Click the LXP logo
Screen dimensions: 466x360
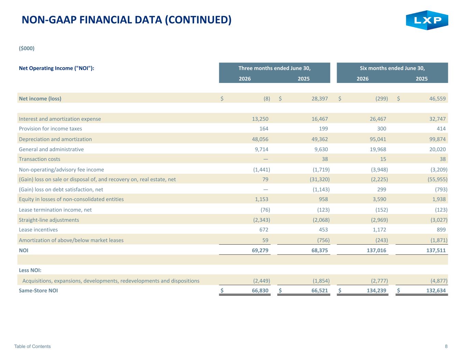(x=427, y=20)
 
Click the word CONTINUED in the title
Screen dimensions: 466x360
(x=198, y=20)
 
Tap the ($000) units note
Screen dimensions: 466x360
(x=27, y=48)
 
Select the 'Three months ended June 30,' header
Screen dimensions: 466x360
(x=274, y=68)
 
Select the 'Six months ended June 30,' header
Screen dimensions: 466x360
(x=392, y=68)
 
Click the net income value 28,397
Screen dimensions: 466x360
(x=320, y=99)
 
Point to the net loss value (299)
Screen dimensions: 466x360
(x=382, y=99)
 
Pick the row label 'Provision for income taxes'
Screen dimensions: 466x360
(x=51, y=129)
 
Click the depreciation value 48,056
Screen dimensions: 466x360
(x=260, y=139)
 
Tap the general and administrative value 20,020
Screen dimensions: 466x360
(x=437, y=149)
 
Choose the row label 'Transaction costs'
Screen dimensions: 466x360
(x=40, y=159)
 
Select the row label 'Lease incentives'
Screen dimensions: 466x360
(x=38, y=230)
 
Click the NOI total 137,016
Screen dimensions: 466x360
(x=376, y=250)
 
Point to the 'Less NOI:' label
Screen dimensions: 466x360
(x=30, y=270)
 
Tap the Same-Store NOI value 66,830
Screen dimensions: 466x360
(x=260, y=291)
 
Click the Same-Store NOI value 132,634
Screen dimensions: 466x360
(x=436, y=291)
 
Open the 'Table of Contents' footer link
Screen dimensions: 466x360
(x=32, y=346)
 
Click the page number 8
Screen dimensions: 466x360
(x=446, y=346)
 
